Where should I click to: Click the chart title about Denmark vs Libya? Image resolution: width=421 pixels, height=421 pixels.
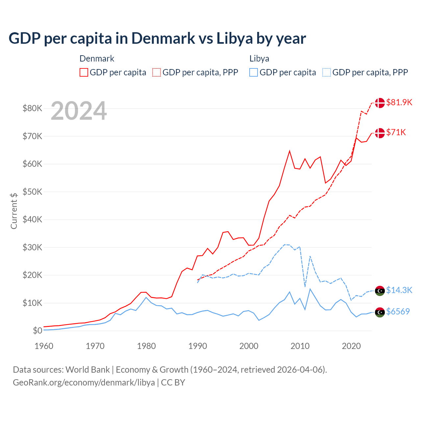[157, 38]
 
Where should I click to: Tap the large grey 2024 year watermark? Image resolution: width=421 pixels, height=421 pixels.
[79, 111]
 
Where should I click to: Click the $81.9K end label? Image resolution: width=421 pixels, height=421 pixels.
[399, 102]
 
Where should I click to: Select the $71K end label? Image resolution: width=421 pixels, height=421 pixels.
[396, 132]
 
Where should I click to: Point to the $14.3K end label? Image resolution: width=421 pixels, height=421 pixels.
[399, 290]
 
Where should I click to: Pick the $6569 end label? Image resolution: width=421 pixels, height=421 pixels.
[398, 311]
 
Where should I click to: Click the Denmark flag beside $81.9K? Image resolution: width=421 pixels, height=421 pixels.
[380, 103]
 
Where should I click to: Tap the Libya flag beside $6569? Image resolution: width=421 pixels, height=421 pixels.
[380, 312]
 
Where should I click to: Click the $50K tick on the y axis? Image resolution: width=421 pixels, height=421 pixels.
[32, 192]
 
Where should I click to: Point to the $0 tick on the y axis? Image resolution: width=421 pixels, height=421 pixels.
[37, 331]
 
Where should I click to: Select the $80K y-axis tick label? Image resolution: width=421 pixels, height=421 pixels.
[32, 108]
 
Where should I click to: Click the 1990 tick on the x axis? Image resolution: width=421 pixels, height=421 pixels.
[198, 346]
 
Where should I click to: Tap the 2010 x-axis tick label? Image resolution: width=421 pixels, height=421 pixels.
[300, 346]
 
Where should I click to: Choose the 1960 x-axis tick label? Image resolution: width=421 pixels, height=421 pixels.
[44, 346]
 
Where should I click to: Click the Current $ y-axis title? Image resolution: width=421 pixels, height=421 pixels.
[14, 211]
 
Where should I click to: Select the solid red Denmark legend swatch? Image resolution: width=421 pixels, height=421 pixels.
[84, 72]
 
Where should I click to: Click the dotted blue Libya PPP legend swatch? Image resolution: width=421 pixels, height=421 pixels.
[327, 72]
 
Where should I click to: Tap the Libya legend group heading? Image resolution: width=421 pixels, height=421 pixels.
[259, 59]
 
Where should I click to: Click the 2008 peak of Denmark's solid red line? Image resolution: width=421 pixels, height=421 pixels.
[289, 151]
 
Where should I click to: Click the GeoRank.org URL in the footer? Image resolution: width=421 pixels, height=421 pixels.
[84, 383]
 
